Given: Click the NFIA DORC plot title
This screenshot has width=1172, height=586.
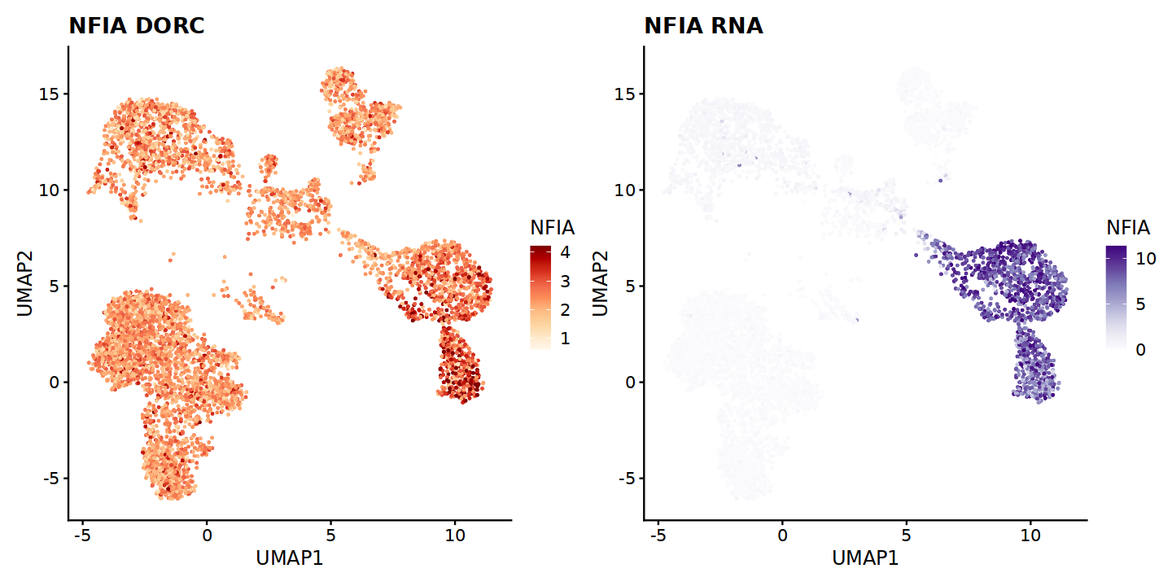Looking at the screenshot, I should (x=136, y=26).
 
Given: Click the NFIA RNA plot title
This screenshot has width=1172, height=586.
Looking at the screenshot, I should (x=703, y=26).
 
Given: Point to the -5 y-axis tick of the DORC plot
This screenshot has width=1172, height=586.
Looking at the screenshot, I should (x=50, y=478).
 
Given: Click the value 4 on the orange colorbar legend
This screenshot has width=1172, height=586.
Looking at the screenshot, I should (x=564, y=252).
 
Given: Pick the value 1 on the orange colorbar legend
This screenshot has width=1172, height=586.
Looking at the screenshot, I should (x=564, y=338).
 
